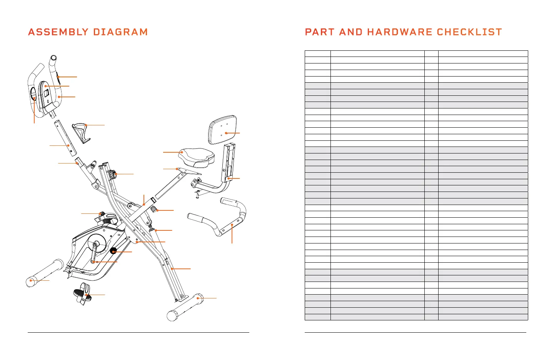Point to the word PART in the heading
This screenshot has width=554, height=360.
319,32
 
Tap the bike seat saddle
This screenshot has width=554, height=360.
196,155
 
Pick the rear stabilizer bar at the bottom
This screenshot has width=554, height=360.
185,307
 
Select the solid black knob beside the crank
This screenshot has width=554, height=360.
113,251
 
